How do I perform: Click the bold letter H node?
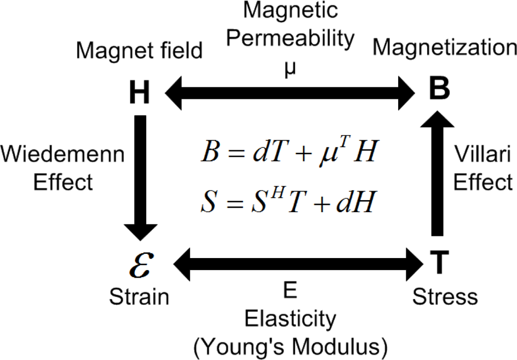[138, 94]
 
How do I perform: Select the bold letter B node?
[440, 92]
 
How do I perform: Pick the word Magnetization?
[445, 48]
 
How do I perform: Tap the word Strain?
[139, 296]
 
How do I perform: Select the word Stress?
[445, 296]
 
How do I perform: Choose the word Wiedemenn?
[63, 154]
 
